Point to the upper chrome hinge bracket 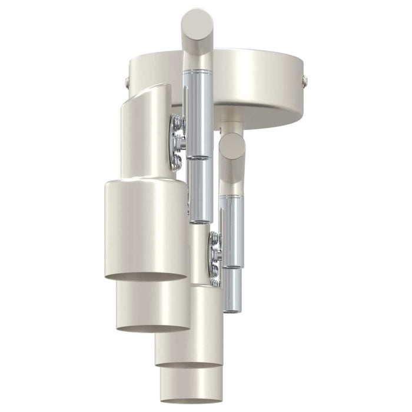click(x=177, y=142)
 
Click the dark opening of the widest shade click(x=146, y=275)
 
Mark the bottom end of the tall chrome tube click(x=200, y=220)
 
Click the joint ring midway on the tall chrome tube click(x=198, y=158)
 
